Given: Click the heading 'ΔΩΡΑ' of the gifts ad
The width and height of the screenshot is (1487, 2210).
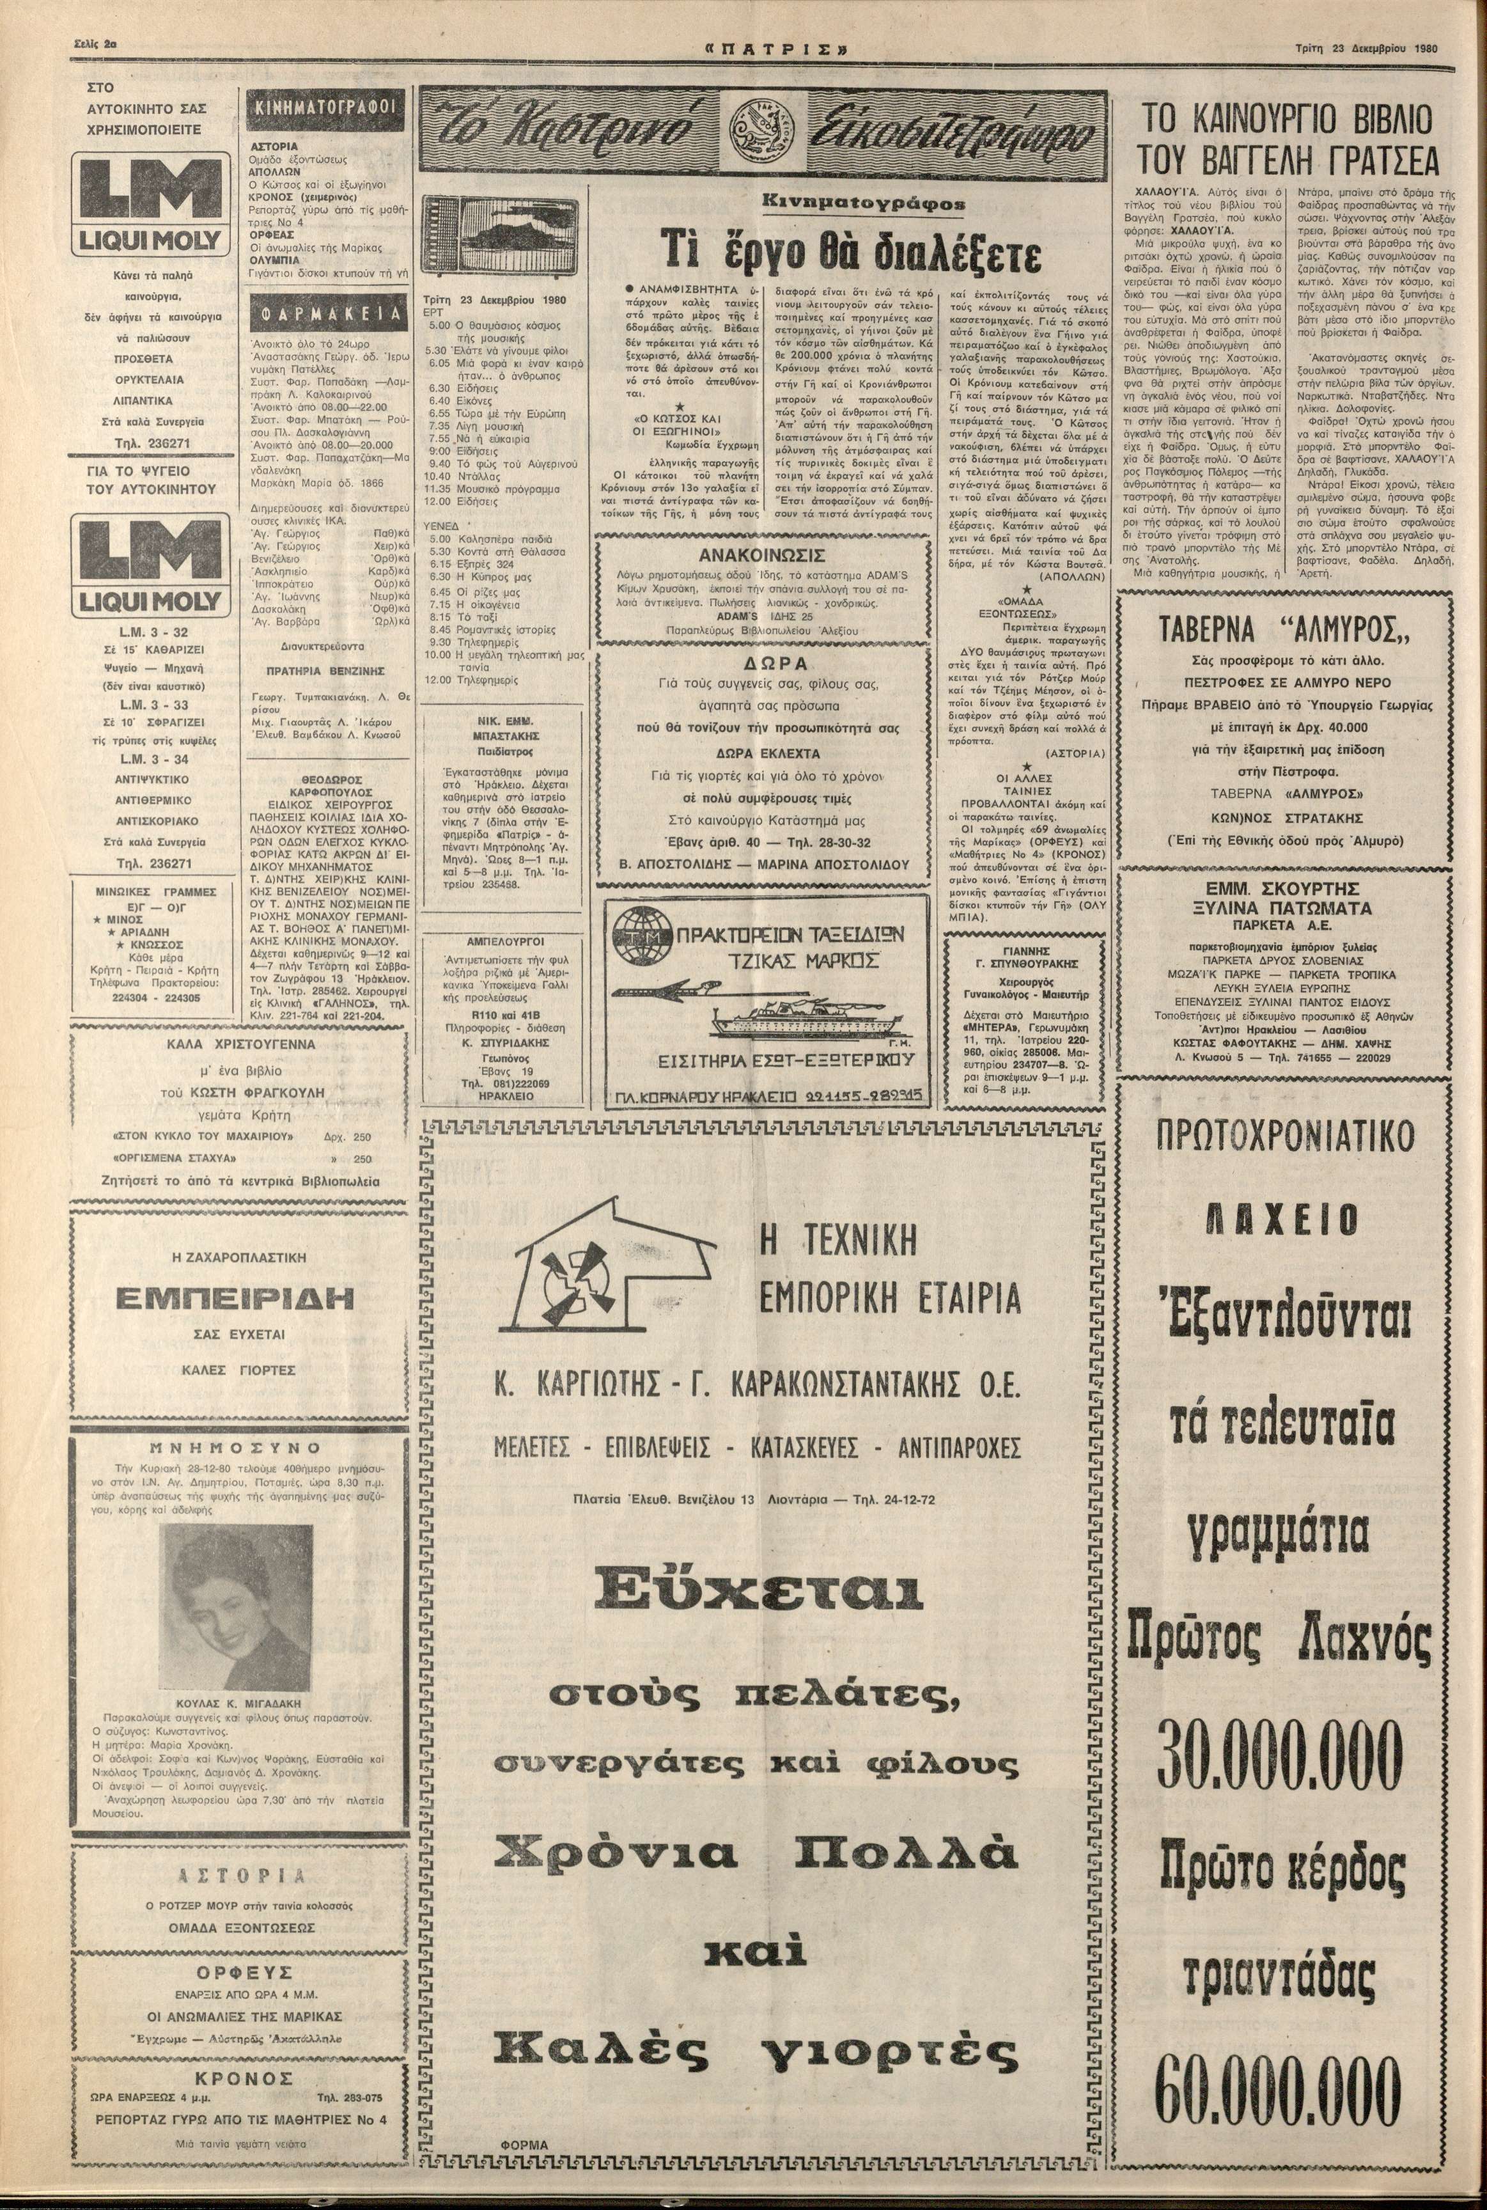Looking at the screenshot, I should click(761, 663).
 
